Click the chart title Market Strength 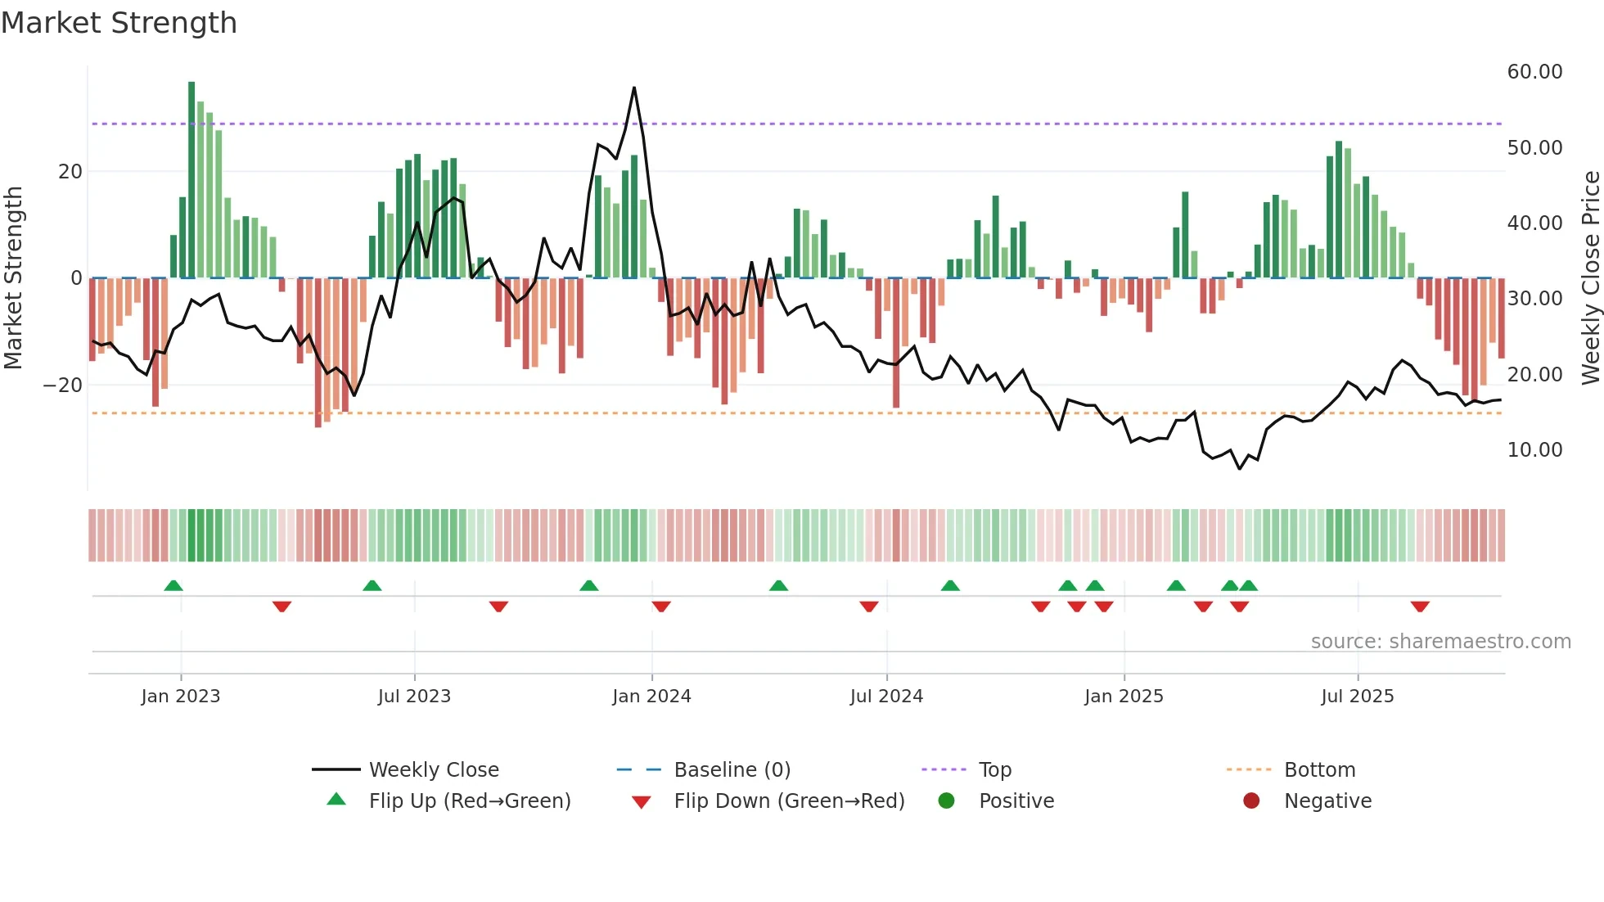119,23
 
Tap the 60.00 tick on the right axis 1534,72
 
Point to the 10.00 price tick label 1534,450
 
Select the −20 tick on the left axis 63,386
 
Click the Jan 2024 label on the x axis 651,697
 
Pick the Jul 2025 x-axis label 1357,697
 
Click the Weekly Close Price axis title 1590,278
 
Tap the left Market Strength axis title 14,278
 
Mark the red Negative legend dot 1251,801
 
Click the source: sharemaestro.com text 1440,642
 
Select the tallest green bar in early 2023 191,180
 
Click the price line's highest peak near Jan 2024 634,88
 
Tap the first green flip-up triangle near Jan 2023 173,586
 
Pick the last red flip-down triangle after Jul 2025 1420,607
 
